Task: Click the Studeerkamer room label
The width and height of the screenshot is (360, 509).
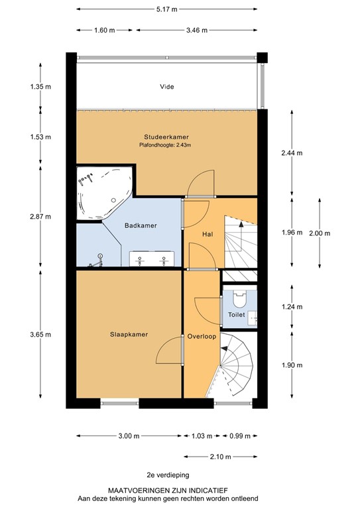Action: coord(164,137)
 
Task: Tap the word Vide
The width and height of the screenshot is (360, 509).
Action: coord(166,87)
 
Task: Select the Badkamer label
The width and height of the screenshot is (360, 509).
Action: coord(141,226)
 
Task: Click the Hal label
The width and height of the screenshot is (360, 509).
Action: coord(207,234)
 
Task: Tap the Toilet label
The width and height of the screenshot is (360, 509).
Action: coord(237,315)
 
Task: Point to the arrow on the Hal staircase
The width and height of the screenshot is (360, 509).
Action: coord(241,225)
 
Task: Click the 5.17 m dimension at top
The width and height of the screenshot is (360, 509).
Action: coord(166,10)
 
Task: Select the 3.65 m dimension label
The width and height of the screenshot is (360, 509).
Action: coord(40,335)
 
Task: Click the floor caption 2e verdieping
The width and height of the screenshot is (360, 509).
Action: coord(167,475)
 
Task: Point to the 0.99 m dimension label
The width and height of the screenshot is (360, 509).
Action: coord(241,436)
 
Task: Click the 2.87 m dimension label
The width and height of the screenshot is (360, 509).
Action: coord(40,217)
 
